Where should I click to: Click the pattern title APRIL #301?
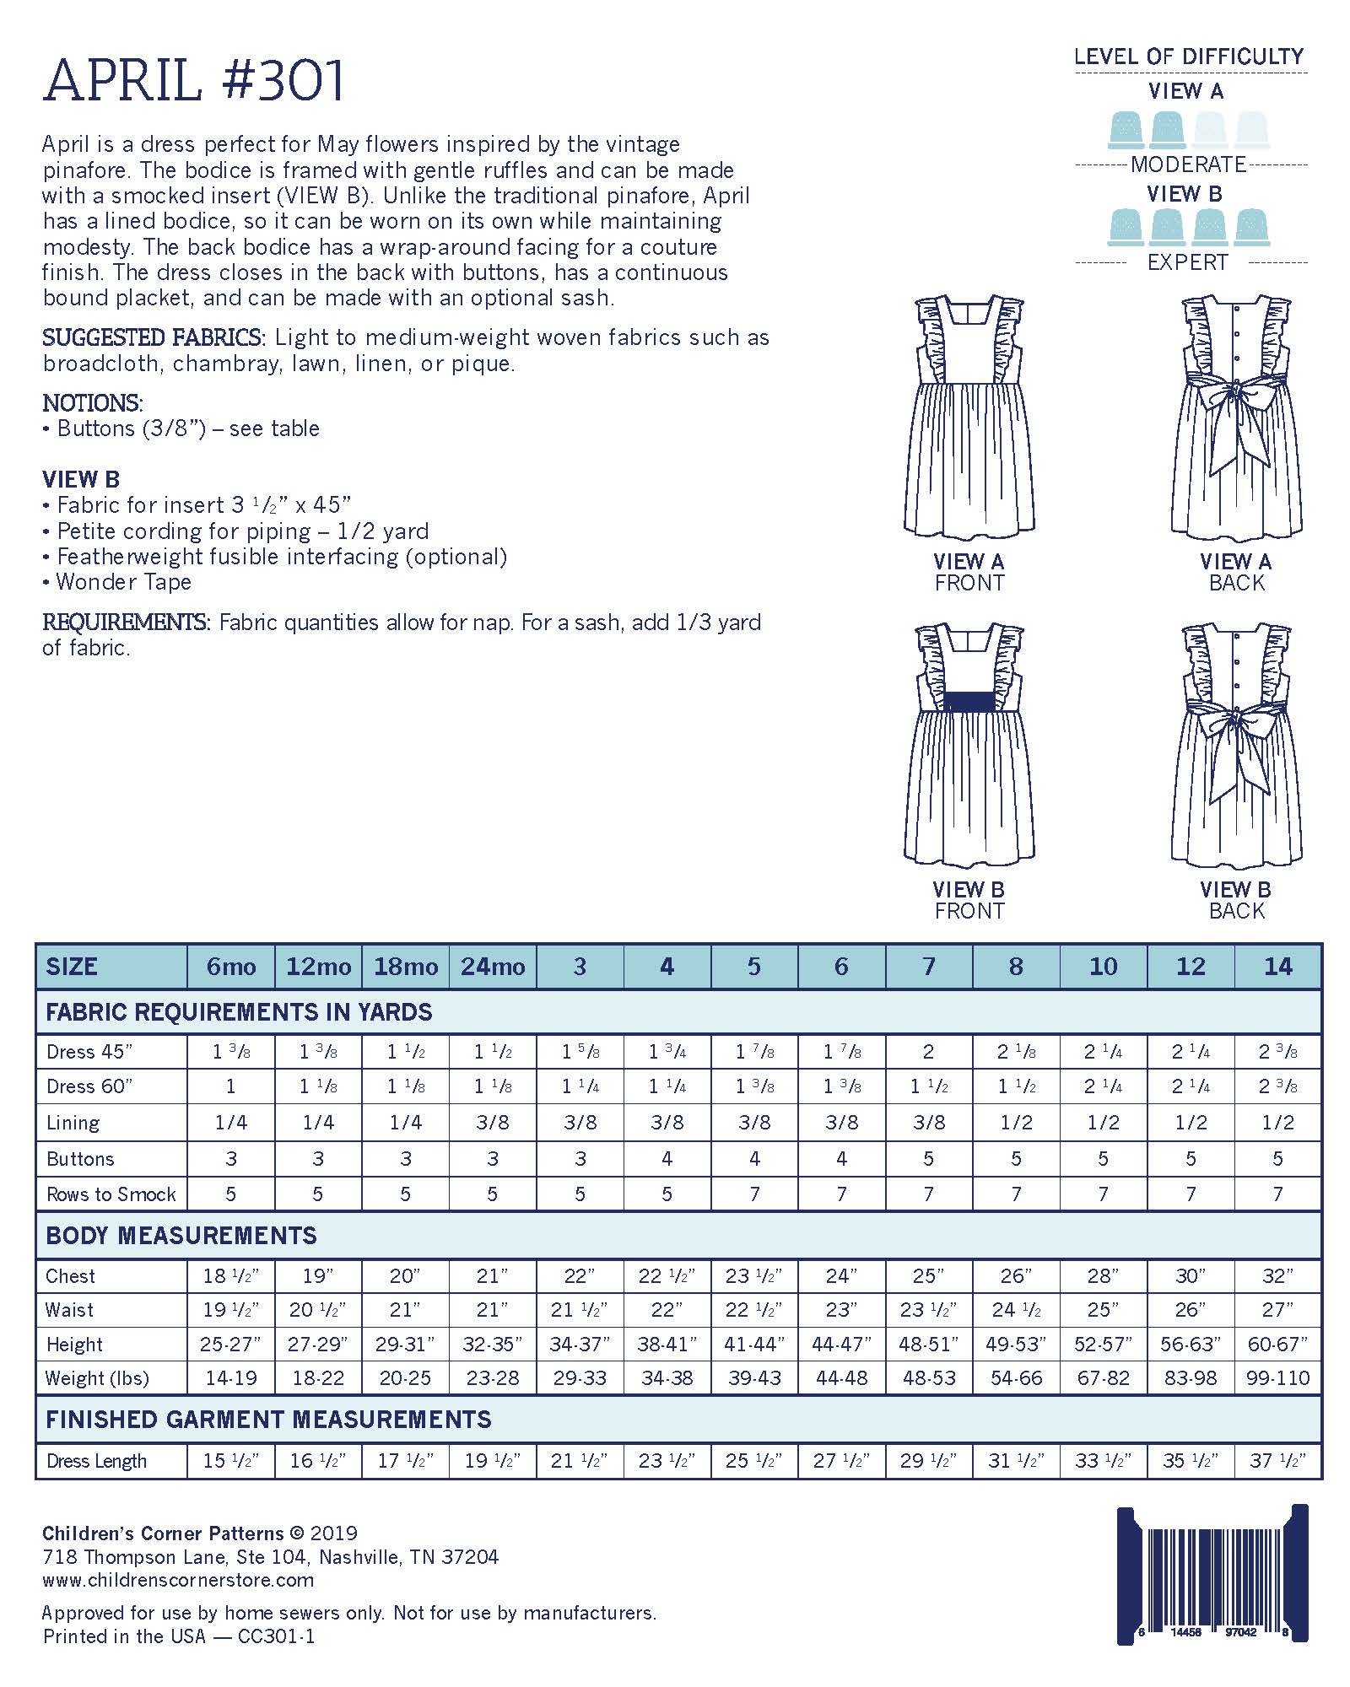pos(194,82)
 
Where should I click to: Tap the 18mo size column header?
pos(406,967)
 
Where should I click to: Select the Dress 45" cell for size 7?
pos(928,1052)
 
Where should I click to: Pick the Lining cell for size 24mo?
pos(493,1123)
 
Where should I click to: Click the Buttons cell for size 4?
pos(667,1159)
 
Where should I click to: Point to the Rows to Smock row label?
pos(111,1194)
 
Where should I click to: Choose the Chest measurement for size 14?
pos(1277,1276)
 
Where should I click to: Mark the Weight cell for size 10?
pos(1103,1378)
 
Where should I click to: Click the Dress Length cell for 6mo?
pos(230,1461)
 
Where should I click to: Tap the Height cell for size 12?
pos(1191,1345)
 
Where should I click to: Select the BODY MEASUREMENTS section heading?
pos(181,1236)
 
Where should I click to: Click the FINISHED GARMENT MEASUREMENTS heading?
pos(268,1420)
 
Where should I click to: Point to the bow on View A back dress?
pos(1234,396)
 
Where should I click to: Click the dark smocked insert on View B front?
pos(969,700)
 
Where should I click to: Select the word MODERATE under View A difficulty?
pos(1188,164)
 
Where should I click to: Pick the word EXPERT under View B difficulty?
pos(1187,262)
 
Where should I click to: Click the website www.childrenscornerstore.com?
pos(178,1580)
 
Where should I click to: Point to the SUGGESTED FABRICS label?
pos(154,338)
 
